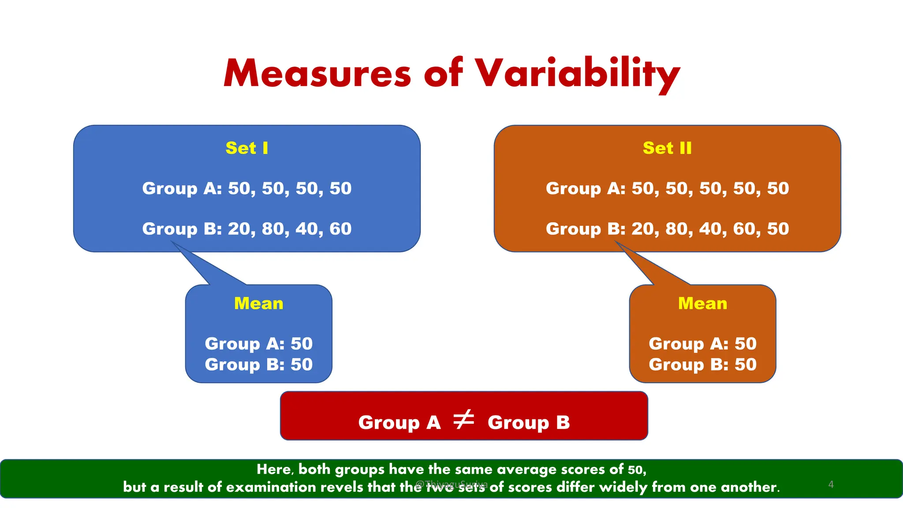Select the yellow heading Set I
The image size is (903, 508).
point(247,148)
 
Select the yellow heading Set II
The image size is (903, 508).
point(667,148)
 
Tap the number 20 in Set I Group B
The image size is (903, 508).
point(239,229)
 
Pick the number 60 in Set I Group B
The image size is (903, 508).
point(340,229)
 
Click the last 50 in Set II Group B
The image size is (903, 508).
point(778,229)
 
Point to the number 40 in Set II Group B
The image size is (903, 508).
point(710,229)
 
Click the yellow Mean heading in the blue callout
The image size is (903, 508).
point(259,303)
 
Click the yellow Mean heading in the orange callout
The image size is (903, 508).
point(702,303)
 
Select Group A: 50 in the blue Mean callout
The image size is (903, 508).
point(259,344)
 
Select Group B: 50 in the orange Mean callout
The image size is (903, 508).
point(702,365)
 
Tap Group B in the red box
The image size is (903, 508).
point(529,422)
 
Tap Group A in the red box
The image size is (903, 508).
point(399,422)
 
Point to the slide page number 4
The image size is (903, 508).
point(831,484)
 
